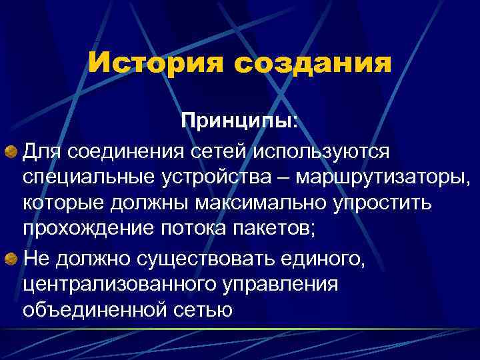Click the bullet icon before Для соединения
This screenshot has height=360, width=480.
click(x=12, y=153)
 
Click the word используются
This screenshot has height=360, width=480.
click(x=321, y=153)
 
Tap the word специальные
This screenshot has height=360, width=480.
click(x=87, y=178)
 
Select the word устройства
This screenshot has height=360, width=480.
click(x=217, y=178)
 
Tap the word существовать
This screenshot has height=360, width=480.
click(x=200, y=257)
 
